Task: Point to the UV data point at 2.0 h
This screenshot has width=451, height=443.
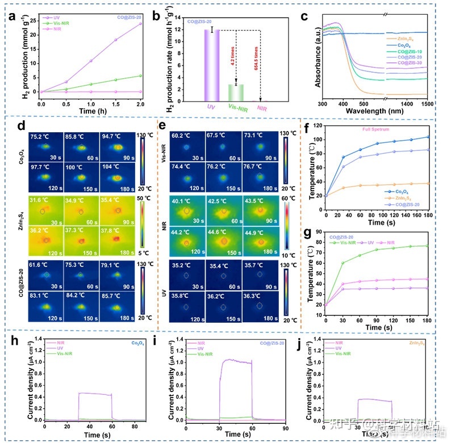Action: pos(140,24)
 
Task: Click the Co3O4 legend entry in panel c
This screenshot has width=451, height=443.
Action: pos(404,44)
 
